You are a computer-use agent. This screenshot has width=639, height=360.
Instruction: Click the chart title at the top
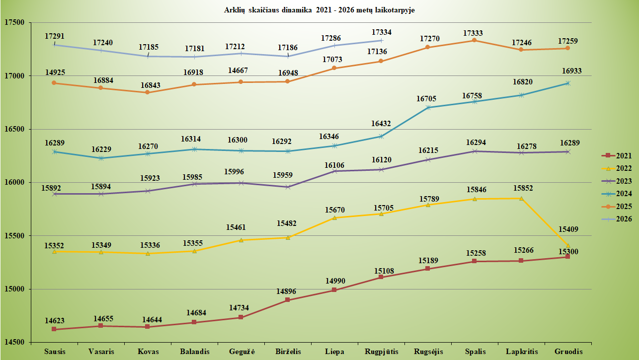click(x=319, y=10)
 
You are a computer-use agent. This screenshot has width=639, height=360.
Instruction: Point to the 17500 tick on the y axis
click(x=14, y=22)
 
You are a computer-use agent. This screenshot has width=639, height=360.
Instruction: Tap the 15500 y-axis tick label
click(x=14, y=236)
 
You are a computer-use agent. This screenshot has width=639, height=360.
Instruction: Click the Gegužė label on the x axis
click(x=242, y=352)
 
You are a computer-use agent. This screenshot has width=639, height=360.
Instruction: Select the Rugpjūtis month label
click(x=382, y=352)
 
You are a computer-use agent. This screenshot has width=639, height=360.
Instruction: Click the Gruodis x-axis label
click(x=568, y=352)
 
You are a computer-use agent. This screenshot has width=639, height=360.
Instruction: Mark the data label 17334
click(x=382, y=32)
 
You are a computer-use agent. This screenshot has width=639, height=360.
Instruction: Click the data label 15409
click(x=568, y=229)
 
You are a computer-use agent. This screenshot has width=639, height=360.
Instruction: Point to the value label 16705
click(x=426, y=99)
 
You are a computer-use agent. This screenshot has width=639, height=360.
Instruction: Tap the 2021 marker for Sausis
click(x=54, y=329)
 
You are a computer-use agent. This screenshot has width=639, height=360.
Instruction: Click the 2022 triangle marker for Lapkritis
click(x=521, y=199)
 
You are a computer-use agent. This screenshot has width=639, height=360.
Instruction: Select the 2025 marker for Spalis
click(x=474, y=40)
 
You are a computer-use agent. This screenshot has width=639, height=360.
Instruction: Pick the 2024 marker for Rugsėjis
click(x=428, y=107)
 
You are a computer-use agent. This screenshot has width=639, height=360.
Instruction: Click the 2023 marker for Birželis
click(x=288, y=187)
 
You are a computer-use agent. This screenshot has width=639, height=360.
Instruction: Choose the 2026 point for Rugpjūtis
click(x=381, y=41)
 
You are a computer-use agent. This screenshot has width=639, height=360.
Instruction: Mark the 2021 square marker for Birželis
click(x=288, y=300)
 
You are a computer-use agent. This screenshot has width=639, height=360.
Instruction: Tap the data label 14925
click(x=55, y=72)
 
